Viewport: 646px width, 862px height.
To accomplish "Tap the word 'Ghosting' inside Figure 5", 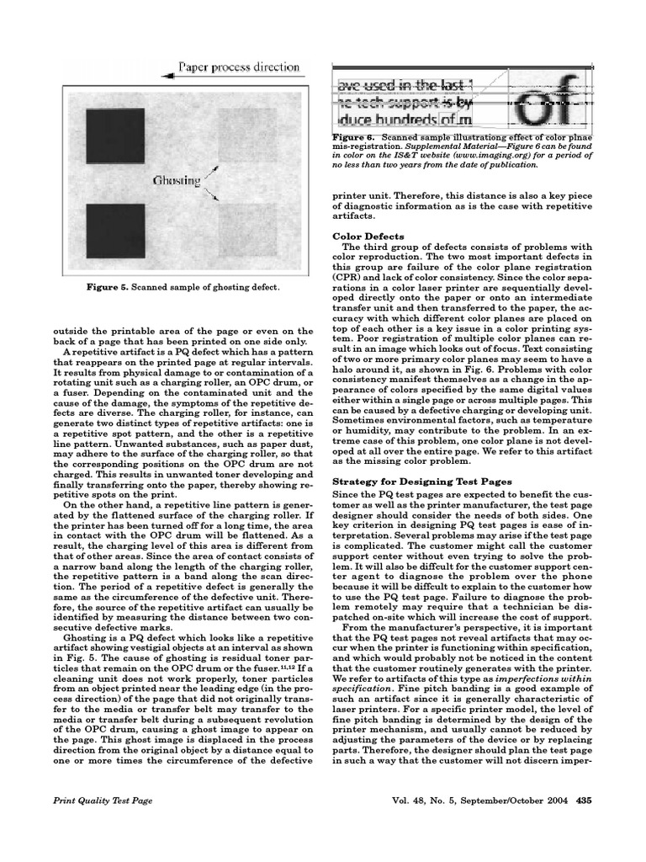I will coord(176,180).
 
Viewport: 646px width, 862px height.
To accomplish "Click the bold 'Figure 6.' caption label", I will coord(353,136).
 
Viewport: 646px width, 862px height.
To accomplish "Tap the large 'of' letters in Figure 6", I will coord(539,104).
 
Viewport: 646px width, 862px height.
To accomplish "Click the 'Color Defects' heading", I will coord(368,236).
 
